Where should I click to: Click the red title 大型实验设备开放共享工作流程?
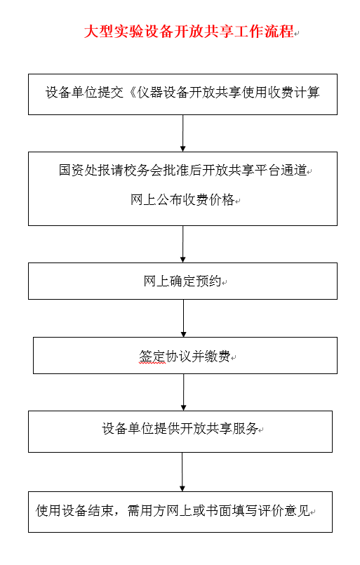[x=189, y=32]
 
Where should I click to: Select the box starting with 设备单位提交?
[x=182, y=95]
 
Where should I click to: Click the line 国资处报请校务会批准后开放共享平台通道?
[x=182, y=170]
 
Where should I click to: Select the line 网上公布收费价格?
[x=182, y=199]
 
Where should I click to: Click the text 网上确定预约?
[x=182, y=281]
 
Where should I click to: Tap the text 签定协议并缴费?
[x=185, y=357]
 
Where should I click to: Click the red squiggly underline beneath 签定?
[x=152, y=364]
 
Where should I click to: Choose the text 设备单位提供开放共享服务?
[x=180, y=428]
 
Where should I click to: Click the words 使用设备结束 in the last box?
[x=74, y=510]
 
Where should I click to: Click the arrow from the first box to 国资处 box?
[x=182, y=133]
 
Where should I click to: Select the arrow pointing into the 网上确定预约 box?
[x=182, y=244]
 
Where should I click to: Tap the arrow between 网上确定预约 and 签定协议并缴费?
[x=183, y=318]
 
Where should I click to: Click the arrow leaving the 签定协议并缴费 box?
[x=183, y=392]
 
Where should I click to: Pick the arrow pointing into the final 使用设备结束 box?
[x=182, y=472]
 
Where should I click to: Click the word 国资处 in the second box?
[x=78, y=170]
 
